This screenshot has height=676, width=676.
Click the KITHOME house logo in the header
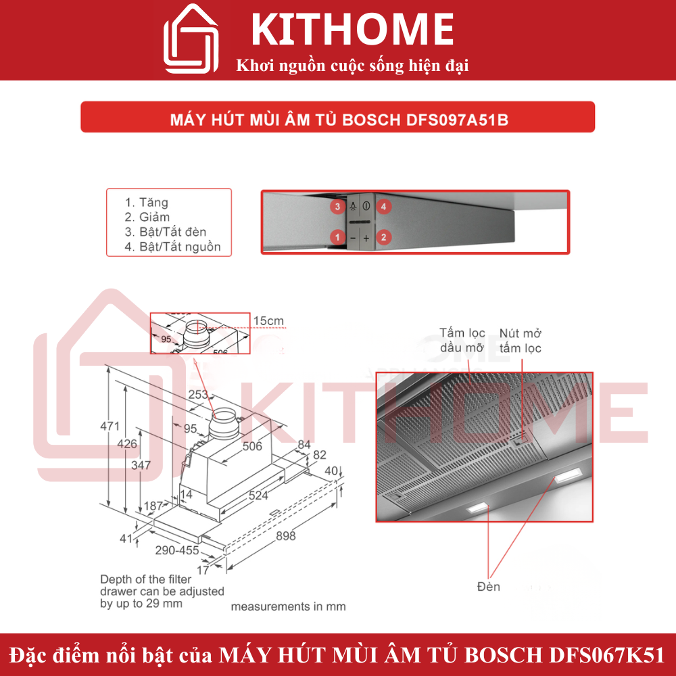(191, 40)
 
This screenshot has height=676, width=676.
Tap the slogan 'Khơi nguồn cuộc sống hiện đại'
(352, 66)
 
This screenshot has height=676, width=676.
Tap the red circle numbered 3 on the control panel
(336, 206)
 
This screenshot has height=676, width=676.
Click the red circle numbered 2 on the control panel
(383, 237)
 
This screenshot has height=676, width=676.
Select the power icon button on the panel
(366, 206)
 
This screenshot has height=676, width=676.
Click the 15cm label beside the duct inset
(269, 320)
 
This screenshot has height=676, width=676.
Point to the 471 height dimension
(110, 427)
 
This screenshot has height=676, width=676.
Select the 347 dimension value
(141, 465)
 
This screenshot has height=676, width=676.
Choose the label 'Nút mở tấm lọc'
(520, 341)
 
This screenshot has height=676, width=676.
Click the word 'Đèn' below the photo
(488, 586)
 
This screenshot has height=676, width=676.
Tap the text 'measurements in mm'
(288, 606)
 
